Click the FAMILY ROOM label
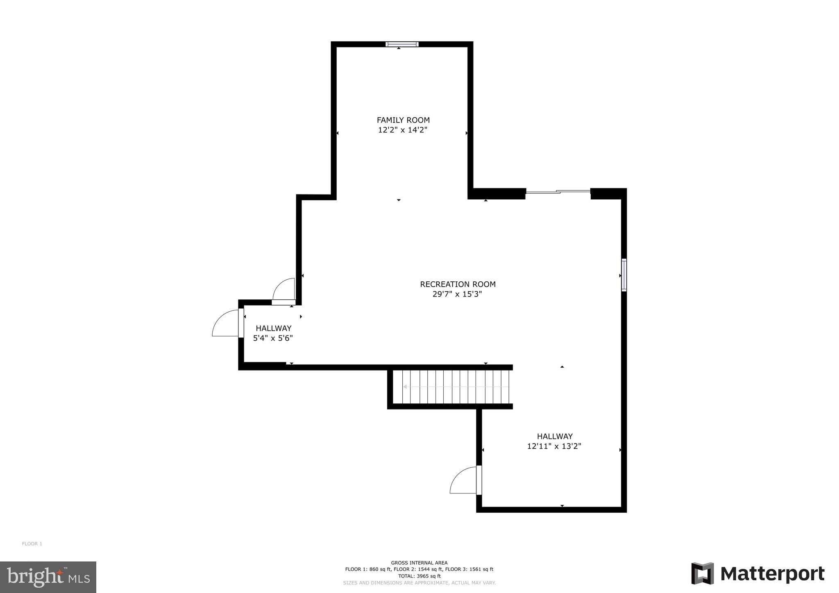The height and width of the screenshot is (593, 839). pos(403,120)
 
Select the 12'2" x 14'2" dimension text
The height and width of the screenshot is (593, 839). pos(403,130)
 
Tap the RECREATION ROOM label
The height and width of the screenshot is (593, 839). pos(458,284)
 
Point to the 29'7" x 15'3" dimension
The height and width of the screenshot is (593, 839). pos(457,294)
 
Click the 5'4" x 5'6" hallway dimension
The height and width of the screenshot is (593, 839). pos(273,338)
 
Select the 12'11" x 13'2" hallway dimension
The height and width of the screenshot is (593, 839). pos(554,446)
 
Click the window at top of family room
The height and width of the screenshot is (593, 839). pos(402,44)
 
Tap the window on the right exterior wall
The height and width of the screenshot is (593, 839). pos(624,275)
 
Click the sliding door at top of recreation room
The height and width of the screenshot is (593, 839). pos(558,191)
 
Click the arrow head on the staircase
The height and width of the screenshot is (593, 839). pos(405,387)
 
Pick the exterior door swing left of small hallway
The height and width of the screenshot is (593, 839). pos(225,324)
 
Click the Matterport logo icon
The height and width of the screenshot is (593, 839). pos(702,574)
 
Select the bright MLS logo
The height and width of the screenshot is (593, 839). pos(48,577)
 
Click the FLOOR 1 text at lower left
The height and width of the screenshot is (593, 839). pos(32,544)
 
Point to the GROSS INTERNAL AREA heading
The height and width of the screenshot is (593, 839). pos(419,563)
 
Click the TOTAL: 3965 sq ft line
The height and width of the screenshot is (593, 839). pos(419,576)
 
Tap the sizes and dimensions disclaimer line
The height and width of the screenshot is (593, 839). pos(419,583)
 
